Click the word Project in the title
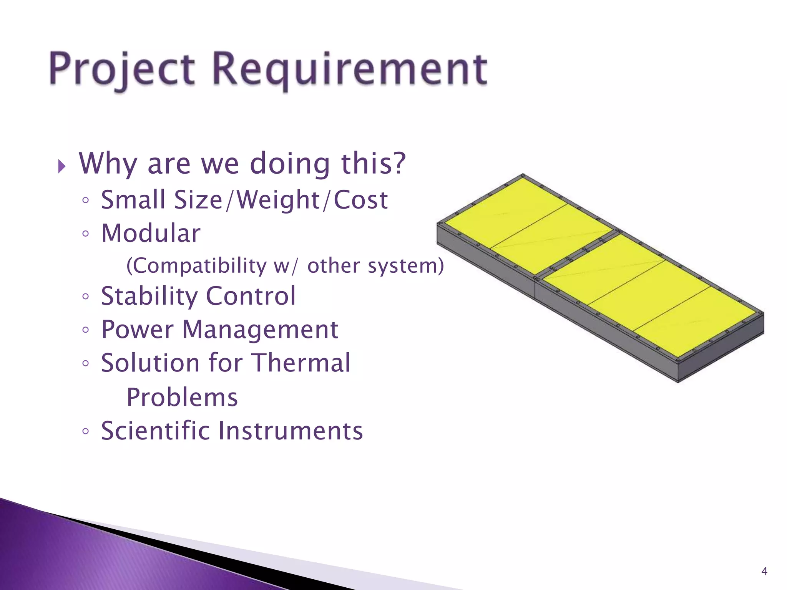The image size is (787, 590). point(122,69)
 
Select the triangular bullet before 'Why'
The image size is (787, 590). point(62,167)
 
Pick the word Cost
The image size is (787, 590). point(360,200)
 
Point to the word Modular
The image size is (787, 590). point(151,233)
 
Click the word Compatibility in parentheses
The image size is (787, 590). point(196,266)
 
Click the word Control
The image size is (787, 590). point(251,296)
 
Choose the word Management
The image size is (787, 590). point(260,330)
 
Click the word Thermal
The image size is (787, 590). point(301,363)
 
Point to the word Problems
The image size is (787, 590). point(182,397)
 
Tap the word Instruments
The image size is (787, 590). point(291,431)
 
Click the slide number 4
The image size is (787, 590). point(764,571)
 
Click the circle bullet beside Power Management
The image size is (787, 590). point(86,330)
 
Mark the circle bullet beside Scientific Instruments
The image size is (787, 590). point(86,431)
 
